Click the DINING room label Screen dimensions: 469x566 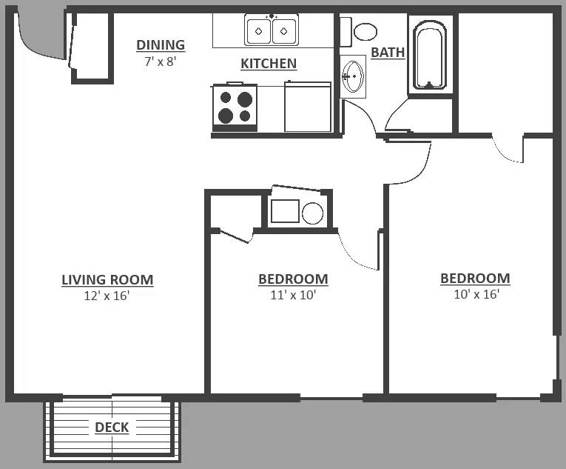161,45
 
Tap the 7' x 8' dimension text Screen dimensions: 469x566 161,61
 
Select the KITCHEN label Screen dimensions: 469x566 269,64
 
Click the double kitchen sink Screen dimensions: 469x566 272,30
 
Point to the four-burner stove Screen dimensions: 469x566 235,107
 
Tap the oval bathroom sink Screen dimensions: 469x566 354,76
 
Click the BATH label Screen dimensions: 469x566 388,53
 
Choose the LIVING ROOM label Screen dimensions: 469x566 107,280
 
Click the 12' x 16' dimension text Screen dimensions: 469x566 107,296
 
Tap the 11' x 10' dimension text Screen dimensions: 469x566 293,295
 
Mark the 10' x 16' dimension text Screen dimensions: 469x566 476,294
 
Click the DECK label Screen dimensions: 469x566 112,428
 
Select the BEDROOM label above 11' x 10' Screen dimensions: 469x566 293,279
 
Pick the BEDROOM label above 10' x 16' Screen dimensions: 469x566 475,279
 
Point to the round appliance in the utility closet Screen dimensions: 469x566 313,213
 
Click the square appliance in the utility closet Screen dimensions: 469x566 285,211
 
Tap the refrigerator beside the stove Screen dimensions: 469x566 308,107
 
